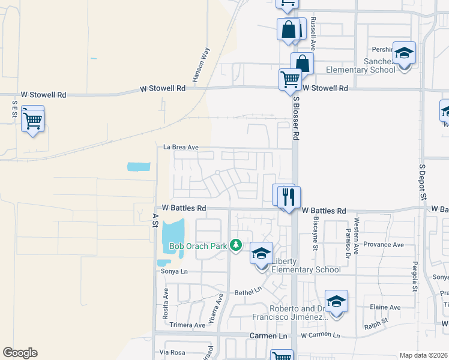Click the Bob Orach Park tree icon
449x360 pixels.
[x=237, y=245]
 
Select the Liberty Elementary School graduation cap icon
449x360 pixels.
[x=262, y=253]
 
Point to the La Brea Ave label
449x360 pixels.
[x=181, y=146]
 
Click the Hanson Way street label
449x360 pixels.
[x=201, y=65]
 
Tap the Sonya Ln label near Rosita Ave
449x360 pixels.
[x=175, y=271]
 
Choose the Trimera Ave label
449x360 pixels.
[x=187, y=325]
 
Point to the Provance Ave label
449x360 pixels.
[x=384, y=245]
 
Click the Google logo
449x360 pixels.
[x=20, y=353]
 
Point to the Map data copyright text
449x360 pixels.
[x=423, y=355]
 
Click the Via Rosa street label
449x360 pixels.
[x=172, y=352]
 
